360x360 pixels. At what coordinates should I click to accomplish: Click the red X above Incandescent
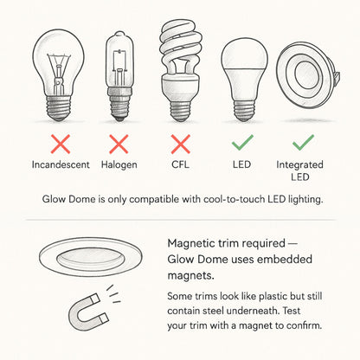coord(61,144)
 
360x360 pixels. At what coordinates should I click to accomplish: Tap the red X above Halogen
coord(119,144)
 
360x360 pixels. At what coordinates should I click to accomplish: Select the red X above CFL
coord(181,144)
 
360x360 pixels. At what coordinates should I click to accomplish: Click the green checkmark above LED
coord(242,143)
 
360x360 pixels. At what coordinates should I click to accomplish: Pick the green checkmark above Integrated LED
coord(303,143)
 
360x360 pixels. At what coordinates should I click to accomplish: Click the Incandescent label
coord(61,164)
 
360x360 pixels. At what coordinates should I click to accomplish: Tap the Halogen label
coord(119,165)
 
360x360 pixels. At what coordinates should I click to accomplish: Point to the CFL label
coord(180,164)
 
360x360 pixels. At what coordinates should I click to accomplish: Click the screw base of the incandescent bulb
coord(59,108)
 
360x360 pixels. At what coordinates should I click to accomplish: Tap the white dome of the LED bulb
coord(245,55)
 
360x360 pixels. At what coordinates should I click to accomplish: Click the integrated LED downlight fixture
coord(307,75)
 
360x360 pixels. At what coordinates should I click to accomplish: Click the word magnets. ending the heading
coord(190,276)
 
